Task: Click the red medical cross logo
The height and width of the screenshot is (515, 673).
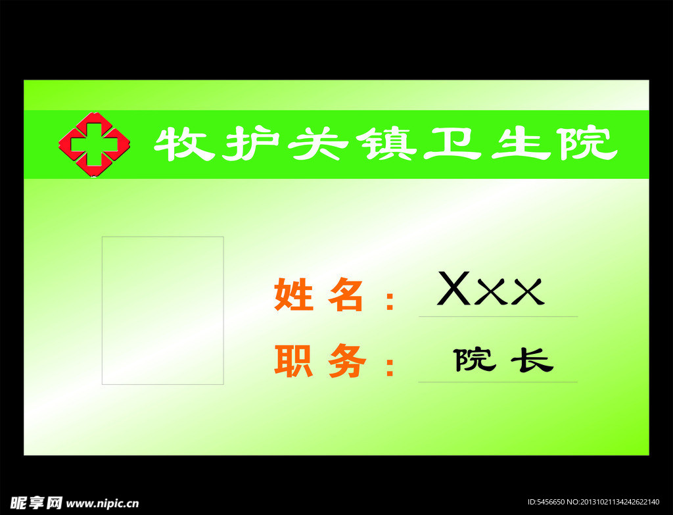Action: pos(94,144)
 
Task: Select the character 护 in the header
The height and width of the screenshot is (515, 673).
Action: pos(250,144)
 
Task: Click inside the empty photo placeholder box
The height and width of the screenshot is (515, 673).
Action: pos(162,310)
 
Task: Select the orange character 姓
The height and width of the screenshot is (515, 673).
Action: pos(292,295)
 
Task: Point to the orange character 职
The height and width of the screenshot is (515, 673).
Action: pos(292,361)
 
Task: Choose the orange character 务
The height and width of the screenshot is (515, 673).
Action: pos(346,361)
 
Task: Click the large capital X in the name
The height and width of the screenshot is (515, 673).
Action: pos(454,289)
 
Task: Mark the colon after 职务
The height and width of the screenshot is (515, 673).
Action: pos(390,367)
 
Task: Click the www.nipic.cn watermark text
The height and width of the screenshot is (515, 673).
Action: pos(103,504)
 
